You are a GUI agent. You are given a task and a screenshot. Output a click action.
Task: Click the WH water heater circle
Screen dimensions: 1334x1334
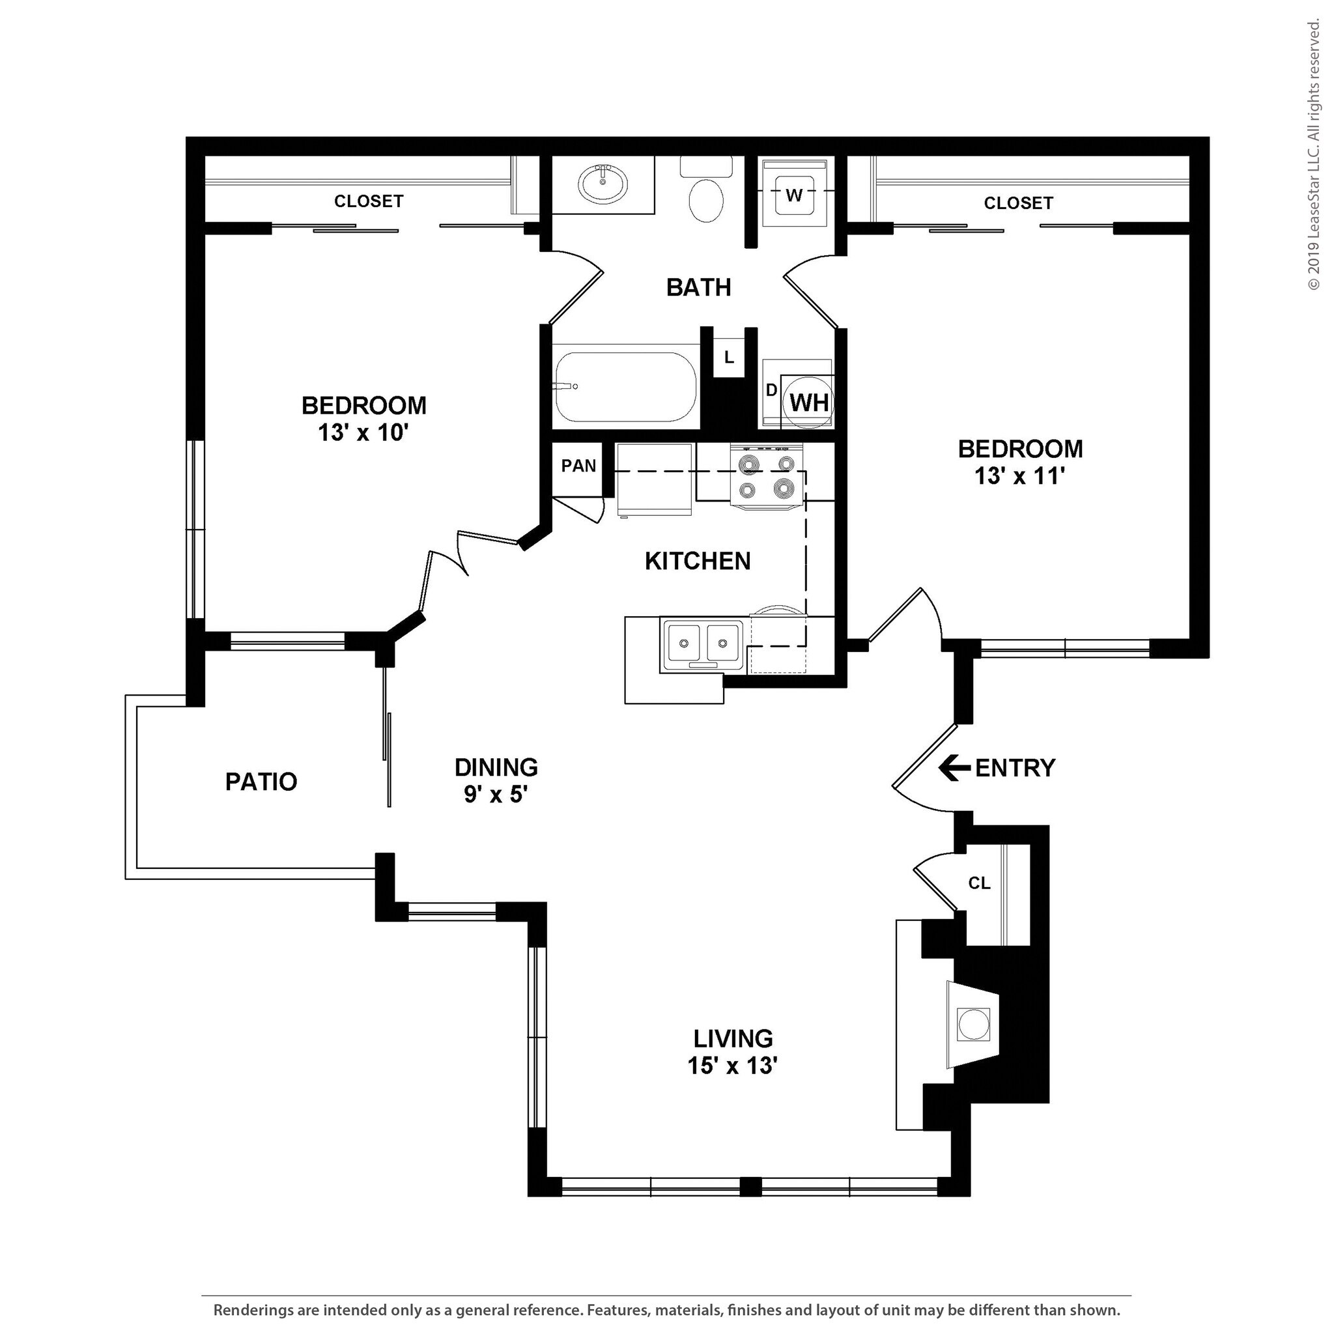808,401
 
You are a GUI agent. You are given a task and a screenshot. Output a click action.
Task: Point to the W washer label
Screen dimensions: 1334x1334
794,195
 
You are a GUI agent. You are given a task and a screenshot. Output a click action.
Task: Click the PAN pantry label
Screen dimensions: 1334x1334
578,466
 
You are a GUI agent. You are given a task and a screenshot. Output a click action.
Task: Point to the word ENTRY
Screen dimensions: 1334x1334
1015,768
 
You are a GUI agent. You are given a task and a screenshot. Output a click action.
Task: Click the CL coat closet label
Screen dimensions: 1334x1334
979,883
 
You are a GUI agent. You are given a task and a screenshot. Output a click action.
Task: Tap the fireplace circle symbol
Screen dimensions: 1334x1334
973,1025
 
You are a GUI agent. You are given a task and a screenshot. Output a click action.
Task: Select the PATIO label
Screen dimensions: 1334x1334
261,782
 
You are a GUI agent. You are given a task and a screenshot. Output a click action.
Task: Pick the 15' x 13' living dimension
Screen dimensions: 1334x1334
733,1066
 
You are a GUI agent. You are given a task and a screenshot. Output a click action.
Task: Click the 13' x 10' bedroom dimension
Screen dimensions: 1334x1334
364,433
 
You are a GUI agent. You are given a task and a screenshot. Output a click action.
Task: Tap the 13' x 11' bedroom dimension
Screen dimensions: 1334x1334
1020,476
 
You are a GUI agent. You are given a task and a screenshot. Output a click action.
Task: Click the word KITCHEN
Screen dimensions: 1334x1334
698,561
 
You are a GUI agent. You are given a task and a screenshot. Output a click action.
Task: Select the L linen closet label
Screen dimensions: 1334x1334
728,358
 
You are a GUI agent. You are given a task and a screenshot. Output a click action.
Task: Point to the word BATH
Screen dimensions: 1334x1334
699,287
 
